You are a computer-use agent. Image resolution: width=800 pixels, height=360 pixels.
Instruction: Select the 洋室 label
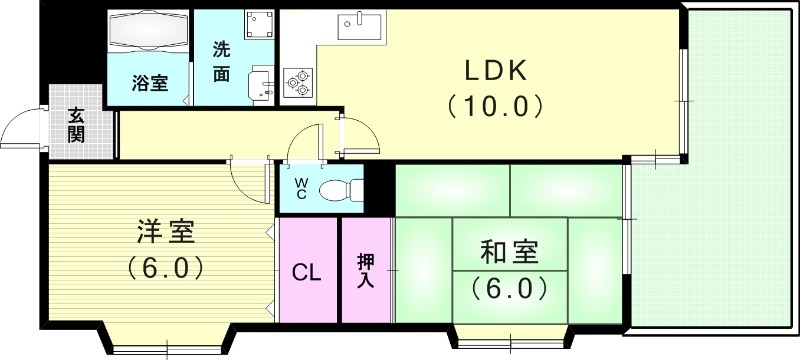click(x=166, y=233)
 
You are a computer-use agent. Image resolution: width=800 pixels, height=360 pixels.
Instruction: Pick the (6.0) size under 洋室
click(x=166, y=268)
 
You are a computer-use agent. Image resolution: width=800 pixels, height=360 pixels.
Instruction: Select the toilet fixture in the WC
click(x=336, y=188)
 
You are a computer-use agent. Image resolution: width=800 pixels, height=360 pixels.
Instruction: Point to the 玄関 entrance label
click(x=76, y=125)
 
